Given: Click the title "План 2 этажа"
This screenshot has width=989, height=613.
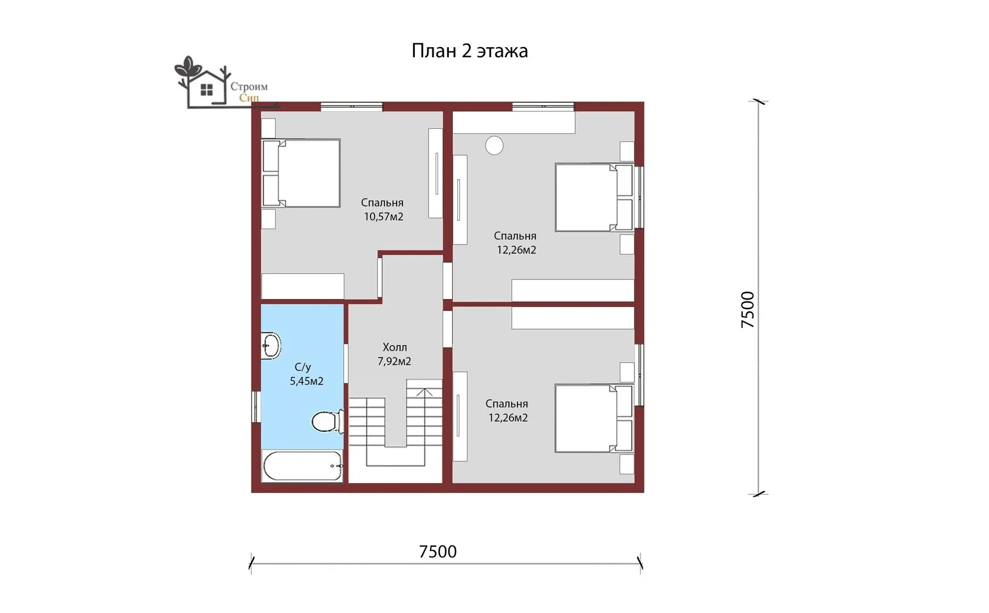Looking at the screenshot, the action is pos(469,51).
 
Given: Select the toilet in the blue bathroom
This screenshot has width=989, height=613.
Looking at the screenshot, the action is pos(328,421).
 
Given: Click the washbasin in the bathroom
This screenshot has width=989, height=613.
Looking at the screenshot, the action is pos(271,345).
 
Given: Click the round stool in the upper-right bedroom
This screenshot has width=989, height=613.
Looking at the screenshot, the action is pos(494,146).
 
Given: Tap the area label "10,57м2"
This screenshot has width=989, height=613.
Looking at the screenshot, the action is pos(384,217).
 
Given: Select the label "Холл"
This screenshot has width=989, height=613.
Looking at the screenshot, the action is pos(394,347).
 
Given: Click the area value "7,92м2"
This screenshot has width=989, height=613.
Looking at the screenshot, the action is pos(394,362).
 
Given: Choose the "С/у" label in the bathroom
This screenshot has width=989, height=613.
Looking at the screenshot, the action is pos(302,367).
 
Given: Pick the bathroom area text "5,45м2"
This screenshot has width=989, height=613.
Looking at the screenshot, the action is pos(306,381).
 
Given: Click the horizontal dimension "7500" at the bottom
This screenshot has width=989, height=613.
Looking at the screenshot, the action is pos(437,552).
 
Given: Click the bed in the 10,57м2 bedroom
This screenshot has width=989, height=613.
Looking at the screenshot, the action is pos(301,173).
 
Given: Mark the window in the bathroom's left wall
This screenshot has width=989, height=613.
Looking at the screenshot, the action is pos(255,406).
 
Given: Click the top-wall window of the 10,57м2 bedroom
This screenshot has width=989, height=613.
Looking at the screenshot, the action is pos(351,106).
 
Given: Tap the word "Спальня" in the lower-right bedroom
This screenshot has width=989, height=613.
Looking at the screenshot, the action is pos(507,404).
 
